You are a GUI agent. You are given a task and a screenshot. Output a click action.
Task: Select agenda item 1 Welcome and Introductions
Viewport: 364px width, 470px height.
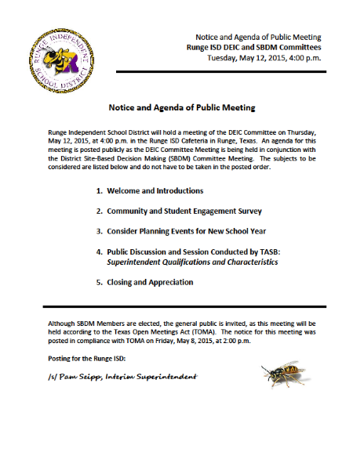[x=139, y=190]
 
